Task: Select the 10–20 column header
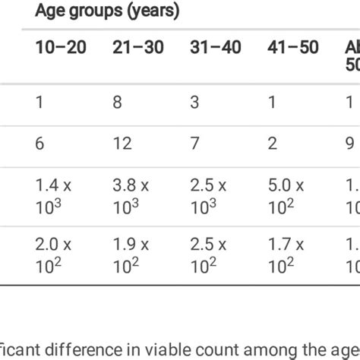[x=61, y=48]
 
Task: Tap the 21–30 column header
[x=138, y=48]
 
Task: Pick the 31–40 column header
[x=216, y=48]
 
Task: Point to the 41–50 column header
[x=293, y=48]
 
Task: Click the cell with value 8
[x=117, y=101]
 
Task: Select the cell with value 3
[x=194, y=101]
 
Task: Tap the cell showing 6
[x=39, y=144]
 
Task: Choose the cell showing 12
[x=122, y=144]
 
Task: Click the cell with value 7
[x=194, y=144]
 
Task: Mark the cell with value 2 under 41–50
[x=272, y=144]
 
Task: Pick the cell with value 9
[x=349, y=144]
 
